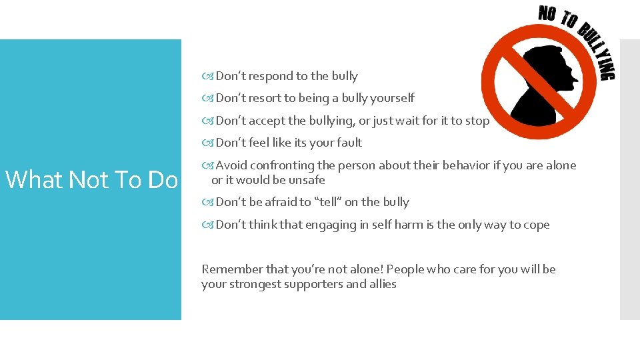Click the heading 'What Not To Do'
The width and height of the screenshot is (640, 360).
[x=91, y=180]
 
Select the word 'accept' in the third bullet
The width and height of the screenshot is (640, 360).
[x=269, y=121]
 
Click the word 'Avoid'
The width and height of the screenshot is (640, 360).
[x=231, y=165]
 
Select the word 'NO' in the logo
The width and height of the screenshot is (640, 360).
[x=548, y=14]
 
